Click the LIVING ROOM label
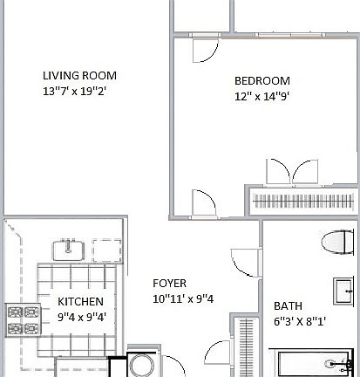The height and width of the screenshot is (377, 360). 79,75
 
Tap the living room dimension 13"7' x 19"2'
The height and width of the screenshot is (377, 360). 79,90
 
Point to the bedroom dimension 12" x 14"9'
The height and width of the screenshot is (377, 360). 262,96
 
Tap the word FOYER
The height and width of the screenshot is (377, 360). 169,284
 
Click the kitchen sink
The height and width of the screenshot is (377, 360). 68,250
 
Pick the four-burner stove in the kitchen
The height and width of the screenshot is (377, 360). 24,320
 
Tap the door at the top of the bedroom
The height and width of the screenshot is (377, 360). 206,44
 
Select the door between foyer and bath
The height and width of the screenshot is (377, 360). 240,262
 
